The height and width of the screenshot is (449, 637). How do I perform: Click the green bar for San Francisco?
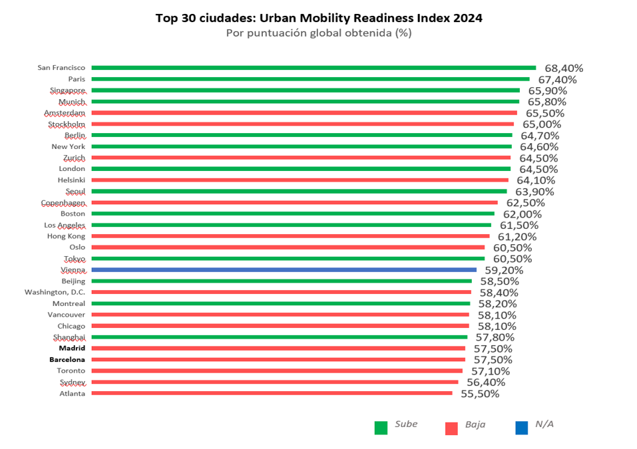click(313, 67)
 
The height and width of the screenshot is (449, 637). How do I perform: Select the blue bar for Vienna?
click(284, 270)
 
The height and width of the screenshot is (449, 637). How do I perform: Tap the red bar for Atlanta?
click(272, 393)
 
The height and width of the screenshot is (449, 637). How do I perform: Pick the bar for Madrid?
click(278, 349)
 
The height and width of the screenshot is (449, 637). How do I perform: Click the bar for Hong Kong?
click(290, 236)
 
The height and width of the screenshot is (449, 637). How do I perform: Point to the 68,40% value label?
click(564, 68)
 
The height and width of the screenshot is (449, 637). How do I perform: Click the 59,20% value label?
click(504, 270)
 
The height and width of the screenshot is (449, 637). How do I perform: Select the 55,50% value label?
click(479, 394)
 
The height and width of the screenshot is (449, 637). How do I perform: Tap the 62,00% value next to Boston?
click(522, 214)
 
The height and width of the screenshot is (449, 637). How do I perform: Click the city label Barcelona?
click(67, 360)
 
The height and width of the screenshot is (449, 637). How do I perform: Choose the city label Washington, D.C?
click(55, 292)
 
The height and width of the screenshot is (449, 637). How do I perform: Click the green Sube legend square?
click(381, 428)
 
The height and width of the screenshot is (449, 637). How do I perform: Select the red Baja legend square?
click(451, 428)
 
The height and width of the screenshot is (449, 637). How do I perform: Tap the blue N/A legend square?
click(522, 428)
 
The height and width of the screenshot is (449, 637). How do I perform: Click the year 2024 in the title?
click(466, 18)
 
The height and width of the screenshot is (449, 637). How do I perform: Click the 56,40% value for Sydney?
click(485, 382)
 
